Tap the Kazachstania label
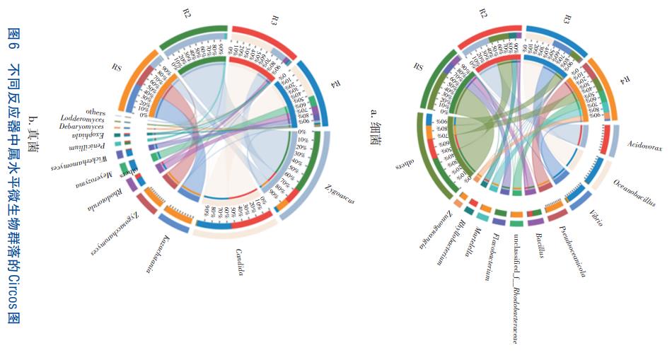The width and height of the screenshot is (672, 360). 158,253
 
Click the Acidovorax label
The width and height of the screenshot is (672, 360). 644,148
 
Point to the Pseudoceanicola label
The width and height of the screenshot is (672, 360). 572,251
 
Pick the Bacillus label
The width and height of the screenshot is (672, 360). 540,243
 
